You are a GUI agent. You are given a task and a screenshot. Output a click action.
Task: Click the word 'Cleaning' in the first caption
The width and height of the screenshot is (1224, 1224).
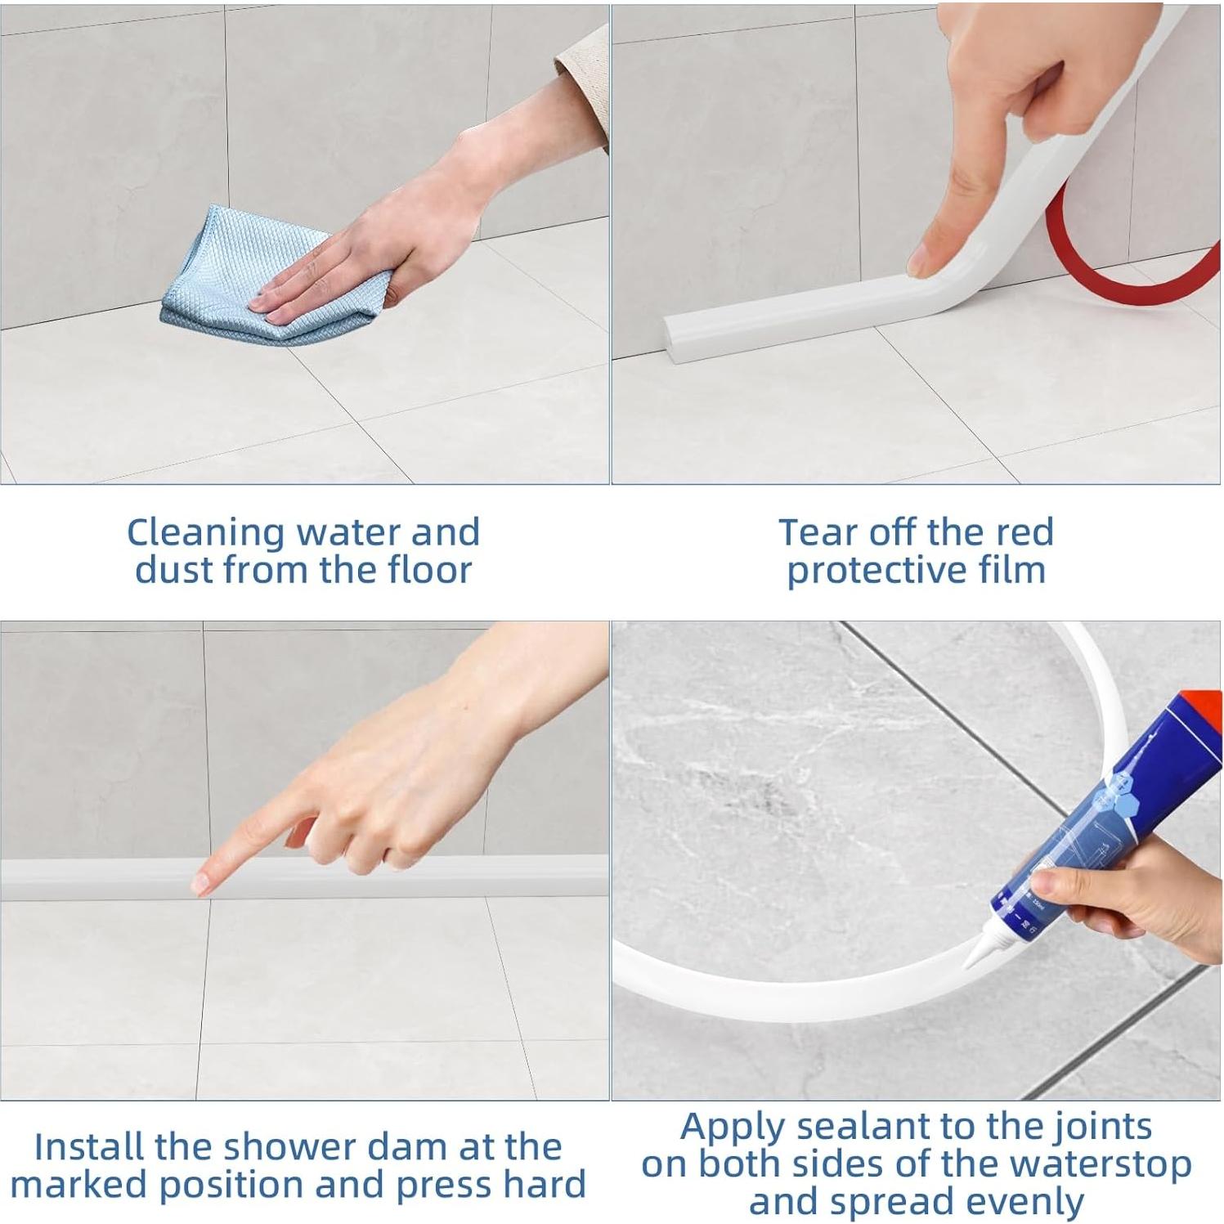pyautogui.click(x=206, y=533)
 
